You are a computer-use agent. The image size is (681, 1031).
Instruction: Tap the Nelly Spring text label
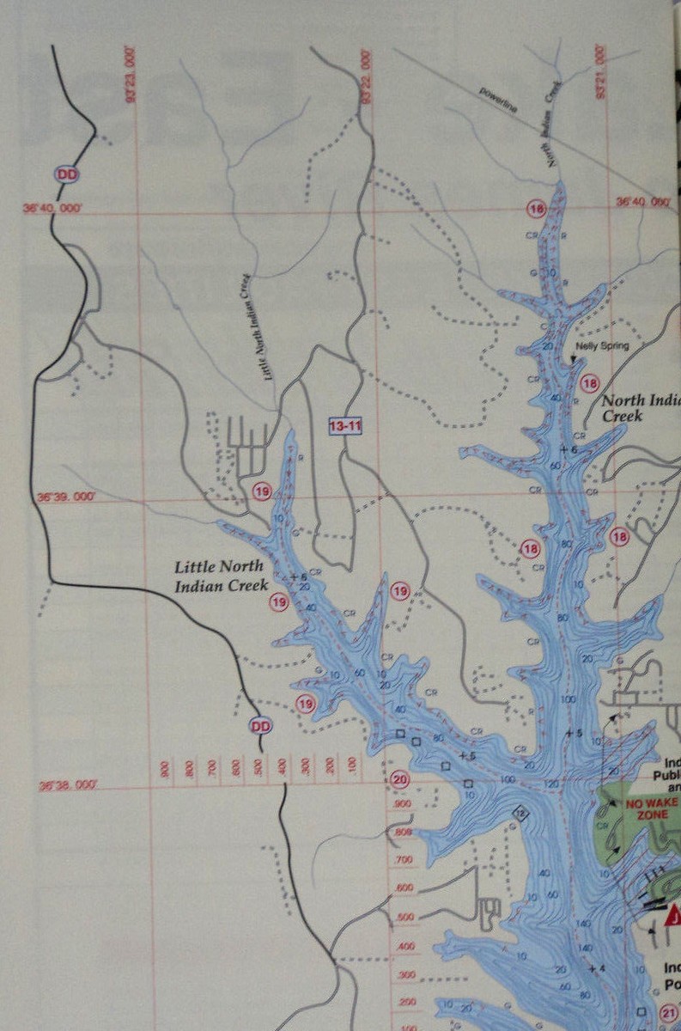(602, 346)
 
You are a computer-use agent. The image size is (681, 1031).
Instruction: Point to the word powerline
(501, 91)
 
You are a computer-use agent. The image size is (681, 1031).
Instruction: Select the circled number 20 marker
(399, 779)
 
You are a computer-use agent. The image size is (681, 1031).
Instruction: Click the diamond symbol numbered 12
(519, 812)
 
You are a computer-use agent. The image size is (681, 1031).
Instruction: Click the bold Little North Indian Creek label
(222, 577)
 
